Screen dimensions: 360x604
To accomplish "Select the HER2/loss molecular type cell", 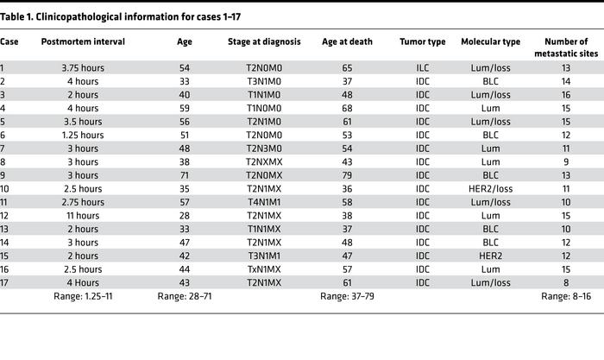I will click(x=489, y=189).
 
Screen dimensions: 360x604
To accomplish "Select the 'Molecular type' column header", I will click(x=489, y=41).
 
